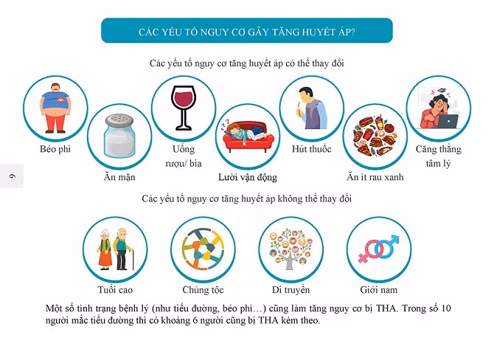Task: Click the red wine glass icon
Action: coord(184,107)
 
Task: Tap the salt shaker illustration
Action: coord(119,136)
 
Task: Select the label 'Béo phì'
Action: coord(55,149)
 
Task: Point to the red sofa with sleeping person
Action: coord(248,136)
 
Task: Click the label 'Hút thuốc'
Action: coord(312,149)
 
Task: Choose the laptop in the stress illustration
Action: coord(448,122)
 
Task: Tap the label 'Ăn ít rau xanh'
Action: coord(375,177)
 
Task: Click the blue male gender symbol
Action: coord(388,246)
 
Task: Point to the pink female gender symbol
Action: coord(370,251)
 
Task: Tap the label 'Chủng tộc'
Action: coord(203,290)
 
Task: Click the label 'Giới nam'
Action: coord(379,290)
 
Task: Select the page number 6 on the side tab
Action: coord(13,176)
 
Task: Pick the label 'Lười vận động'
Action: coord(248,177)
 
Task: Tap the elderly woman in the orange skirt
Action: coord(104,249)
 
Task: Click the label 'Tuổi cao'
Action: coord(115,290)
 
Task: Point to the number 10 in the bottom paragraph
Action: coord(445,308)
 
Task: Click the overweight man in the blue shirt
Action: coord(55,108)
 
